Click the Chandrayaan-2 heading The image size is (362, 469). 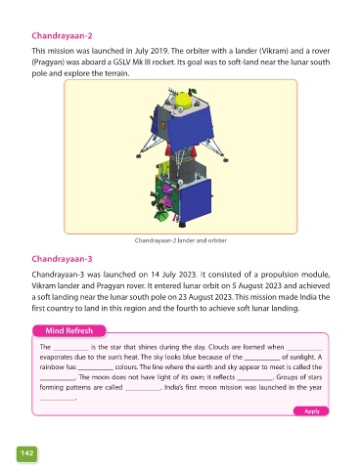tap(62, 36)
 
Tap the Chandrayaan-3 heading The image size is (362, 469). tap(62, 259)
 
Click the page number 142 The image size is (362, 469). tap(26, 453)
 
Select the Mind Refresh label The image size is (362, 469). tap(69, 331)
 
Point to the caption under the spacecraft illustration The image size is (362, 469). tap(181, 240)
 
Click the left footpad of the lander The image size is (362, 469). tap(140, 155)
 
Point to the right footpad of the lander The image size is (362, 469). tap(225, 159)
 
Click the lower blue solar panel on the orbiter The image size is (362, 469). tap(195, 201)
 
